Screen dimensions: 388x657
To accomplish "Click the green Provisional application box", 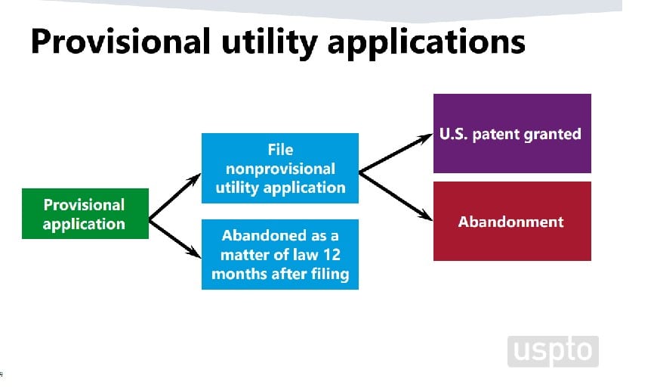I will [x=85, y=214].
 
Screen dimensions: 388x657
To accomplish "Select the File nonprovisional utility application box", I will [x=280, y=169].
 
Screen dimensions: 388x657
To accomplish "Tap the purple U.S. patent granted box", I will [x=511, y=134].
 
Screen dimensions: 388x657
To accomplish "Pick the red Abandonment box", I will [x=511, y=222].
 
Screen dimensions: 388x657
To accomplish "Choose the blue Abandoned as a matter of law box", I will [x=280, y=255].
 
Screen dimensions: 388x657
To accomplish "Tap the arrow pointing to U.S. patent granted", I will [x=396, y=154].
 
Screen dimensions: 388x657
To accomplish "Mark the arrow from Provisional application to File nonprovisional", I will [x=175, y=197].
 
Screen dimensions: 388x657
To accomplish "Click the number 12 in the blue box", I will [x=332, y=255].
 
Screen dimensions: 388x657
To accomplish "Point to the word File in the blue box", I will [x=280, y=150].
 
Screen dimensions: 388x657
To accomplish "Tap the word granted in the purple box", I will [x=554, y=135].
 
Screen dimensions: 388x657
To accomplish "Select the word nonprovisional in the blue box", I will [x=280, y=169].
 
